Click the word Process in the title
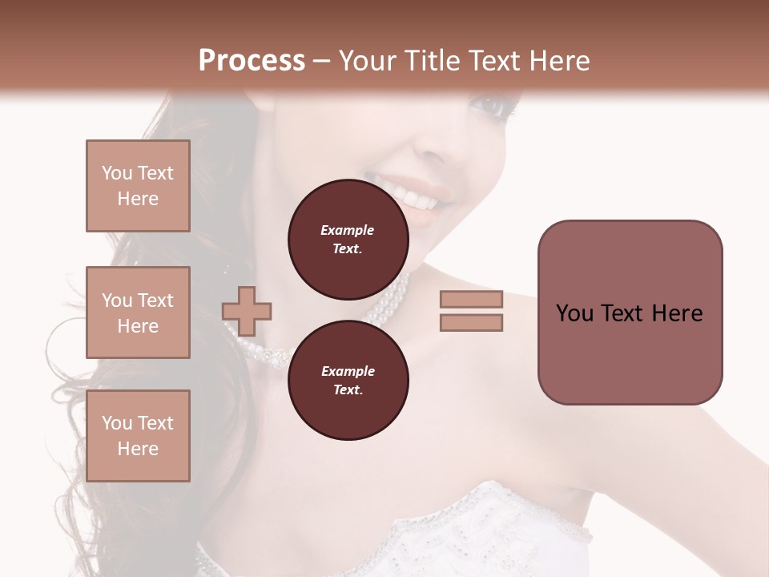252,61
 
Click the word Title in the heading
431,61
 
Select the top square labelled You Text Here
138,186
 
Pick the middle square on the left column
138,313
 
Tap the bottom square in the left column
138,435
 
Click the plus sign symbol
247,311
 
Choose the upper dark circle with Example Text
348,239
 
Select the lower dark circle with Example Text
348,380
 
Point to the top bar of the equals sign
471,300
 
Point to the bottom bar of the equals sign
471,323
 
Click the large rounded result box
630,313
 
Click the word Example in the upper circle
348,230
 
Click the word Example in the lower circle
348,371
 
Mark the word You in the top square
117,173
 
